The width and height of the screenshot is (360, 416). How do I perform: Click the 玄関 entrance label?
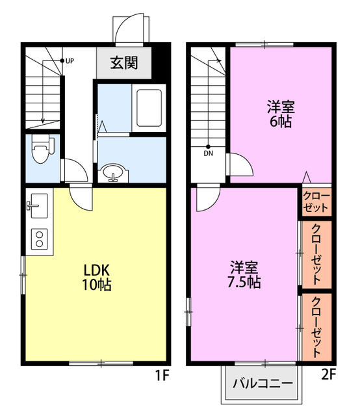[124, 63]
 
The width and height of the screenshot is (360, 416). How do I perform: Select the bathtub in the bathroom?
[149, 108]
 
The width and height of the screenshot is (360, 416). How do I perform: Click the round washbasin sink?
[113, 172]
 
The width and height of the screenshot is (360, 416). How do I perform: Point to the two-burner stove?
[40, 239]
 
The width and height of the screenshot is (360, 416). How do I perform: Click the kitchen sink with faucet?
[38, 205]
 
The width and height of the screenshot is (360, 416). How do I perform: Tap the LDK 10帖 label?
[96, 278]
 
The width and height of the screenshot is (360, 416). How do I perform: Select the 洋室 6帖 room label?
[281, 114]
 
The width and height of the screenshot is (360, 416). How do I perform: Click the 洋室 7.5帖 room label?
[244, 275]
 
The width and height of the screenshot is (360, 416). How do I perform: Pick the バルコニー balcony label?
[263, 383]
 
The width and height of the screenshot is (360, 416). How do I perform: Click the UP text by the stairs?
[70, 61]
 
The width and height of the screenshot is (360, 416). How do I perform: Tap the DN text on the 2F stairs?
[209, 153]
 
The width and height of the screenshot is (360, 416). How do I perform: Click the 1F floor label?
[162, 376]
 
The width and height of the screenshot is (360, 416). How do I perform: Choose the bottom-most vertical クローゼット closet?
[316, 327]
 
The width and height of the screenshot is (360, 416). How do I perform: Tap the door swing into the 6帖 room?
[240, 164]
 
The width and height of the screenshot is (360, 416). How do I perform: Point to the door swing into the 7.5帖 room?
[208, 199]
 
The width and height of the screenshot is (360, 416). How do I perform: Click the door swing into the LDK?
[81, 197]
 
